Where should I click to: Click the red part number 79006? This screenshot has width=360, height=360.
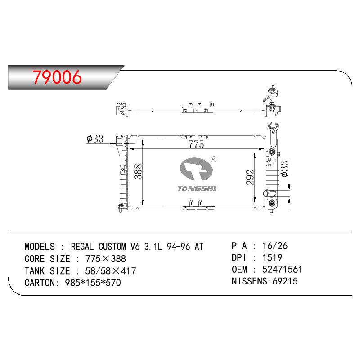pyautogui.click(x=57, y=77)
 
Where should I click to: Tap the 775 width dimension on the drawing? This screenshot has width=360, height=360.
pyautogui.click(x=196, y=144)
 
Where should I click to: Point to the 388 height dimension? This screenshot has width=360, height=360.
pyautogui.click(x=138, y=171)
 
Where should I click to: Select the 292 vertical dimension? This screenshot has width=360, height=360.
pyautogui.click(x=250, y=177)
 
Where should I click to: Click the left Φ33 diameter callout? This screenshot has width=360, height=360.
pyautogui.click(x=95, y=139)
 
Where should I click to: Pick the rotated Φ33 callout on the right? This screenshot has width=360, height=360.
pyautogui.click(x=284, y=169)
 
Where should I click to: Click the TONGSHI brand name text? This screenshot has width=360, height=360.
pyautogui.click(x=197, y=189)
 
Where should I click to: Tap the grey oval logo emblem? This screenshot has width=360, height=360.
pyautogui.click(x=196, y=169)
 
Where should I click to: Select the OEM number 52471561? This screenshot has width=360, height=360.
pyautogui.click(x=282, y=269)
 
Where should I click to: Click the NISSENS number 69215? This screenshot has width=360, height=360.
pyautogui.click(x=285, y=281)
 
